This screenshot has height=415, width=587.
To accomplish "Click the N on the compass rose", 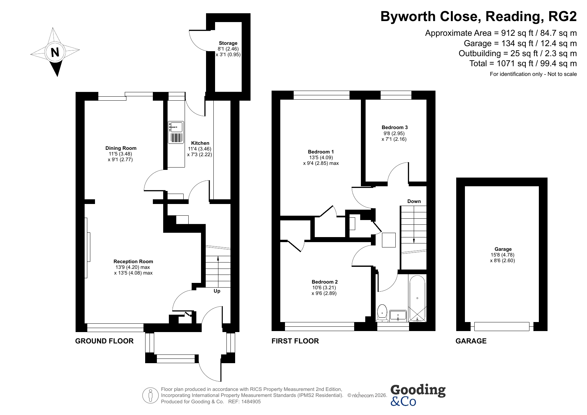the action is coord(55,53).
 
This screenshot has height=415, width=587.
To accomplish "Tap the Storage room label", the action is coord(228,43).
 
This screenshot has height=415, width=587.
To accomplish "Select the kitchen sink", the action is coord(176,132).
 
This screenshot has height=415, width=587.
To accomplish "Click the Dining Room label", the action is coord(121,148).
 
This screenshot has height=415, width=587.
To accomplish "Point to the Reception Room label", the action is coord(133,262).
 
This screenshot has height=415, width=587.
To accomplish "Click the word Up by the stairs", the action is coord(217,291).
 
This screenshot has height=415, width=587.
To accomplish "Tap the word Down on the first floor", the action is coord(414,201).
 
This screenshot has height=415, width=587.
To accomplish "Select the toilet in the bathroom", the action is coord(382,313).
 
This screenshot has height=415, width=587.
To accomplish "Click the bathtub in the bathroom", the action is coord(417,298).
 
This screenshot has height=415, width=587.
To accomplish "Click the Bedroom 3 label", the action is coord(395,127).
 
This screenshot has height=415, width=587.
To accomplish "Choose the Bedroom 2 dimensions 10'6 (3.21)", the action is coord(323,288).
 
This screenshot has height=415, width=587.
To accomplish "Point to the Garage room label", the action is coord(503,249).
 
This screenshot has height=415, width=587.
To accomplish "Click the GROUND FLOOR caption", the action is coord(104,341).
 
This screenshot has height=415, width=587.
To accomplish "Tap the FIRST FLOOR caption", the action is coord(295,341).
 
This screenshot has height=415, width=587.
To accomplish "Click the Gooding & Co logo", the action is coord(418,395).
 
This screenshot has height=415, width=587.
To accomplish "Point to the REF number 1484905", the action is coord(249,402).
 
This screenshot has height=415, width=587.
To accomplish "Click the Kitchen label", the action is coord(200,143).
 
